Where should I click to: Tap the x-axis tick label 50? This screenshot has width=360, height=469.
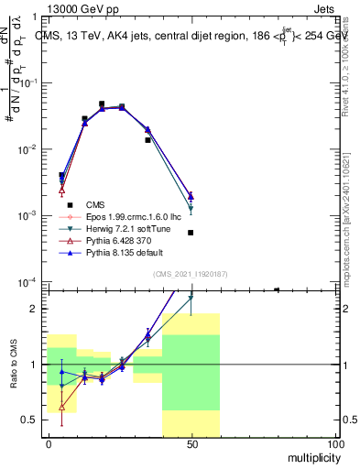click(191, 443)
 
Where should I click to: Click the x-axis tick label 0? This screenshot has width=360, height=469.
click(48, 443)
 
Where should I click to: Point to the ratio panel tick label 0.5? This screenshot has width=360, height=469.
click(30, 420)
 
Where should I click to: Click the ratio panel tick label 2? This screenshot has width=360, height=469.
click(36, 309)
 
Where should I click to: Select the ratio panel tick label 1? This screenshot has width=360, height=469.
click(36, 365)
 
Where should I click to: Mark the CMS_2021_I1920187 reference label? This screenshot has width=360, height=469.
click(191, 274)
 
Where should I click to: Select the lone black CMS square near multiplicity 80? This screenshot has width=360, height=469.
click(277, 290)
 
